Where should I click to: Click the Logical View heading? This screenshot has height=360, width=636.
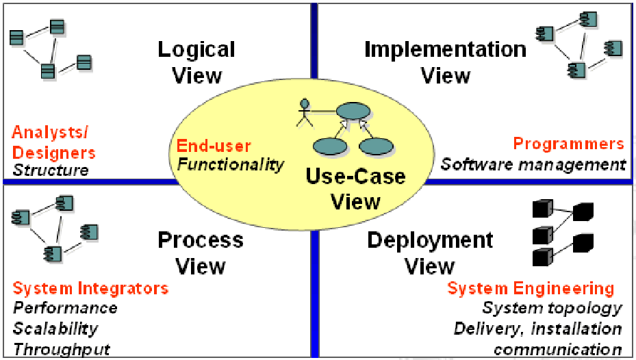point(196,62)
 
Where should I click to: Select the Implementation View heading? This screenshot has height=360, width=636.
point(445,62)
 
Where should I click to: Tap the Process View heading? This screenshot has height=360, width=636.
point(201,252)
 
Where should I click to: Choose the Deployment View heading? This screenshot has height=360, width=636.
point(430,252)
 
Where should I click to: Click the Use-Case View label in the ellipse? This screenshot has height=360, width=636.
point(355,189)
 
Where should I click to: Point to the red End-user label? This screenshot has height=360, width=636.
point(214,146)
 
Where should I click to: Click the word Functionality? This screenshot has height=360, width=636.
point(230,164)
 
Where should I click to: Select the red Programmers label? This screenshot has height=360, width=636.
point(568,144)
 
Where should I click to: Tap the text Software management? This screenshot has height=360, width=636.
point(533,164)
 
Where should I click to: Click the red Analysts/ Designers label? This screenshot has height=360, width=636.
point(53,142)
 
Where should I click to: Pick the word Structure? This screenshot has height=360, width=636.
point(51,170)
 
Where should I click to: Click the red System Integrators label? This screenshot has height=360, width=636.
point(90,288)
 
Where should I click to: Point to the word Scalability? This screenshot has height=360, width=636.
point(55,329)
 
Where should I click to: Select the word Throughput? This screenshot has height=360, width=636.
point(62,349)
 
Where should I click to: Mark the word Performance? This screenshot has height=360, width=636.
point(65,308)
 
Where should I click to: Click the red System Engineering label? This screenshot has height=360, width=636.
point(531,288)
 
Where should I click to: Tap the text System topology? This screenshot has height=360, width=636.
point(552,308)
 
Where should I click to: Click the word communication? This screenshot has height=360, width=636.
point(557,350)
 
